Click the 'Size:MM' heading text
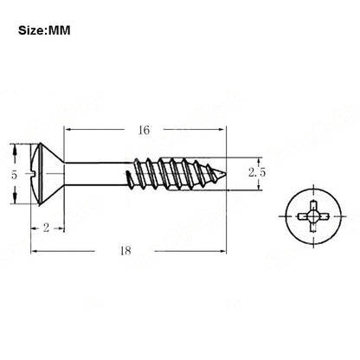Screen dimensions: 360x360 (x=44, y=30)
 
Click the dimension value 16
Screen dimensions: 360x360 (x=144, y=131)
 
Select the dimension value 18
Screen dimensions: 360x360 (x=125, y=251)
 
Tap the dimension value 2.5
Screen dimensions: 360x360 (x=257, y=173)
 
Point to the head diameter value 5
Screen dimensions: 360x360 (x=14, y=175)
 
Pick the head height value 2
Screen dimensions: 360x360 (x=46, y=228)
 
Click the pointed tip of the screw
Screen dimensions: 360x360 (x=226, y=173)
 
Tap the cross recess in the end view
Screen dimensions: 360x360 (x=313, y=216)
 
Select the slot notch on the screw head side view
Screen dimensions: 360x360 (x=35, y=174)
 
